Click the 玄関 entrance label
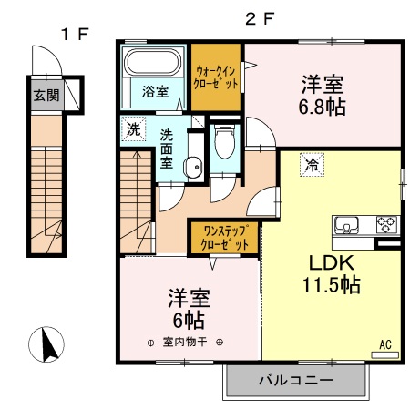(43, 94)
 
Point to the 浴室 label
(154, 91)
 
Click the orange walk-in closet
(217, 77)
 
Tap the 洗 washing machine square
(133, 129)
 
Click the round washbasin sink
(192, 166)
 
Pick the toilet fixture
(222, 141)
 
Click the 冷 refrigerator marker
(312, 166)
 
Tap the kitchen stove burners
(386, 223)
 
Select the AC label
(384, 344)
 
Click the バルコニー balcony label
(294, 380)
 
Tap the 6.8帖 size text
(322, 108)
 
